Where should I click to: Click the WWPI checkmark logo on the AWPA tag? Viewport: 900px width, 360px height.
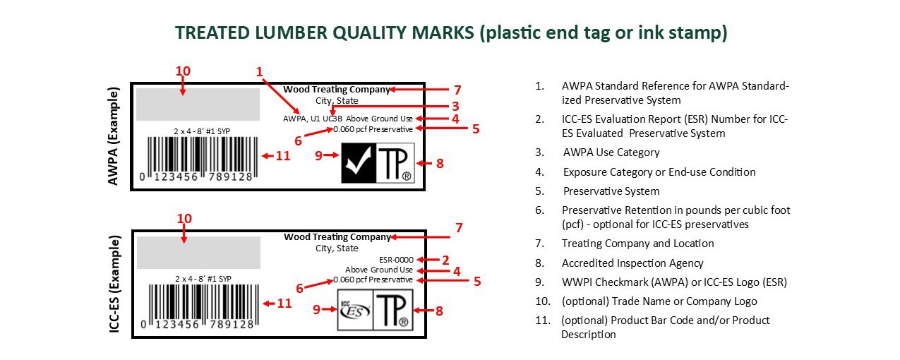click(x=359, y=163)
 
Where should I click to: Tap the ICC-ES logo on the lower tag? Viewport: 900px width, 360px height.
click(x=355, y=311)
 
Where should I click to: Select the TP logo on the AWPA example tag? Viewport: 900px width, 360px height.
click(x=395, y=163)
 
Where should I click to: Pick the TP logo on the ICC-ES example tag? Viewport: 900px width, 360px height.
click(x=393, y=311)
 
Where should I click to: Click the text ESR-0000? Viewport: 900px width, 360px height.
click(x=396, y=260)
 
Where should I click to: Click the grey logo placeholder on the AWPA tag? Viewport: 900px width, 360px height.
click(x=198, y=104)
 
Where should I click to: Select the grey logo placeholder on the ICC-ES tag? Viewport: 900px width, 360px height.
click(x=198, y=252)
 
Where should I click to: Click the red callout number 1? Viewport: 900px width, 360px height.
click(x=259, y=71)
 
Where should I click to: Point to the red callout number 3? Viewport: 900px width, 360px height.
click(x=455, y=106)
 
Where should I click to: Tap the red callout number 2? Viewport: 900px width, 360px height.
click(x=445, y=260)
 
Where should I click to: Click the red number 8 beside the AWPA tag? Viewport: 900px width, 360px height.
click(x=440, y=163)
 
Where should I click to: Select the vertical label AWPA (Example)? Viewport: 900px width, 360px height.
click(x=114, y=136)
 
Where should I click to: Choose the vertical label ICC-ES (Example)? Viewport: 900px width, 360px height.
click(x=114, y=284)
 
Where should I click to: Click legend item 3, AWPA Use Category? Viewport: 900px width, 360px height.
click(x=597, y=152)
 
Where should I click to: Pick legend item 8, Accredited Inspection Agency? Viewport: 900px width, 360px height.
click(x=619, y=263)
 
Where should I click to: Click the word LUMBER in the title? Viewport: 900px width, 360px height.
click(x=291, y=32)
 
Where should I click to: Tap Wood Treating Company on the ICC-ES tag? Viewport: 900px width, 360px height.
click(x=337, y=236)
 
